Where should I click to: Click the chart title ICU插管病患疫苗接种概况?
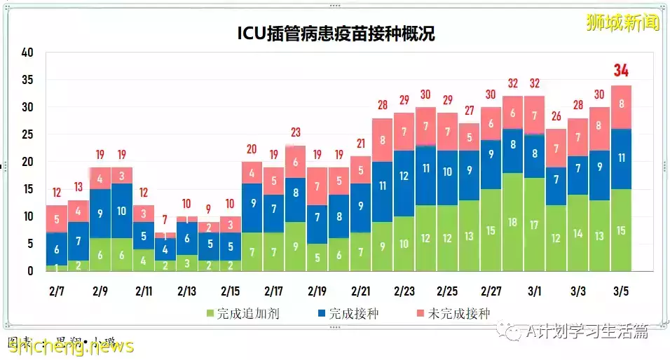coord(334,33)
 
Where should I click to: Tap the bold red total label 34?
coord(621,71)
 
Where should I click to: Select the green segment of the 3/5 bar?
coord(621,230)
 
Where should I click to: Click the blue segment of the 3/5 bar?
coord(621,158)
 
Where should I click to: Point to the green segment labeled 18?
coord(512,222)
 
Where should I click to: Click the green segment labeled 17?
coord(534,225)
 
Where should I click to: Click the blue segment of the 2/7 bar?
coord(57,249)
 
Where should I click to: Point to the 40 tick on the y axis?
coord(27,53)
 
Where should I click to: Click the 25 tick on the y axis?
coord(27,134)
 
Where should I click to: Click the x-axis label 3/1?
coord(534,290)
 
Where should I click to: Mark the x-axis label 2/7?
coord(57,290)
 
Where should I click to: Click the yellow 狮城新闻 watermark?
coord(623,22)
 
